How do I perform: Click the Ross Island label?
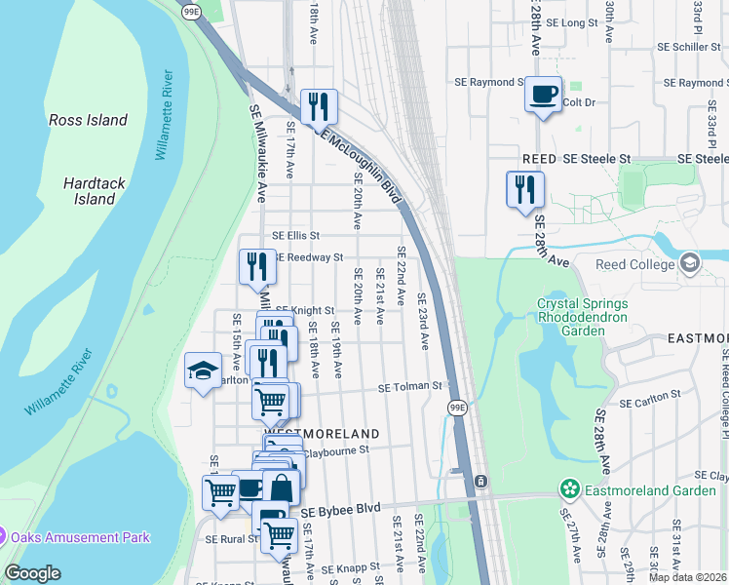(89, 120)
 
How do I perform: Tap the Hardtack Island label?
(89, 190)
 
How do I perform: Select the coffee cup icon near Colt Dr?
(543, 95)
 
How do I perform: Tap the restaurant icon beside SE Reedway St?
(257, 266)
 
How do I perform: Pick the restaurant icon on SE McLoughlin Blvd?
(319, 106)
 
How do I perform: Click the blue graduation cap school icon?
(203, 370)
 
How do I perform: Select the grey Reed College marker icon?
(691, 263)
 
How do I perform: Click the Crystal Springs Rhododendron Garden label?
(584, 317)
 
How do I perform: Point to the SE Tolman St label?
(410, 387)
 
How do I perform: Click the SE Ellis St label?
(295, 235)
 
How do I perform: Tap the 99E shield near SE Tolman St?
(458, 407)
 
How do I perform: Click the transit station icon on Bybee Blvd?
(480, 482)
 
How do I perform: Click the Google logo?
(32, 573)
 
